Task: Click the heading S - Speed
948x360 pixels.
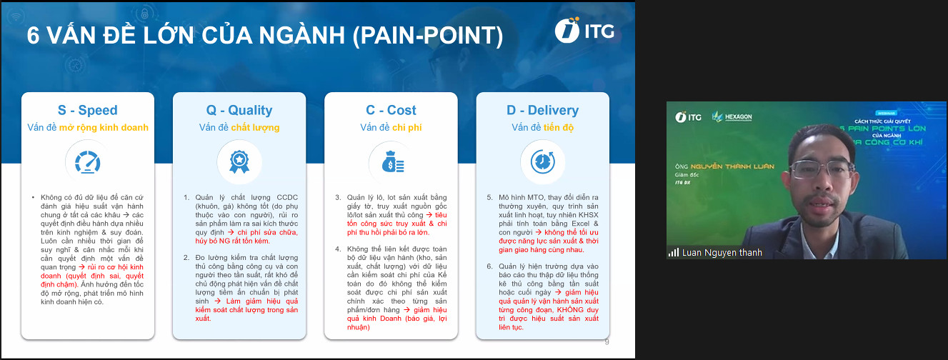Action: [x=88, y=110]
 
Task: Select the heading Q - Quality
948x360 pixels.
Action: [x=239, y=110]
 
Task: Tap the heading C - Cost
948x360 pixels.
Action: [x=391, y=110]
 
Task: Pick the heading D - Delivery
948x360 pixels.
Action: [x=542, y=110]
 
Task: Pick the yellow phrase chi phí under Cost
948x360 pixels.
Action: [x=404, y=128]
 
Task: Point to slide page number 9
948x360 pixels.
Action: [x=607, y=341]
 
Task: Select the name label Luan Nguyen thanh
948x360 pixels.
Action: [x=722, y=252]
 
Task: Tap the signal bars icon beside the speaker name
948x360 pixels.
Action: [x=674, y=252]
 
